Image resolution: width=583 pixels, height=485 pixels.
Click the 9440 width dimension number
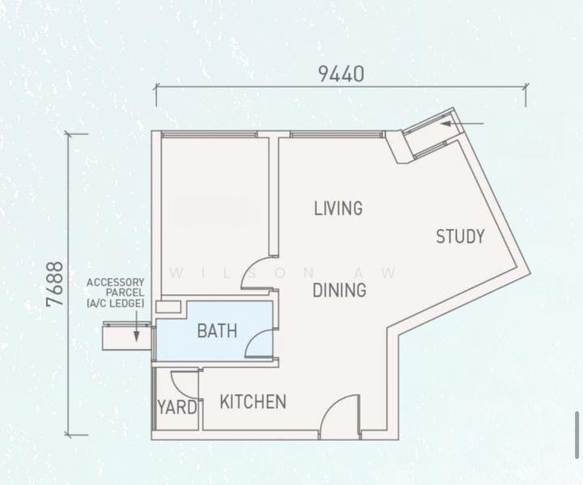click(x=341, y=74)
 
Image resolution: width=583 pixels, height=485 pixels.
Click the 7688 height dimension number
click(x=55, y=285)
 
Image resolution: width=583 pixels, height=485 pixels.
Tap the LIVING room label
click(x=338, y=208)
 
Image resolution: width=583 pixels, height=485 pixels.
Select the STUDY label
click(x=460, y=236)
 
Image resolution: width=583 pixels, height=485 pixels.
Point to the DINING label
click(x=340, y=290)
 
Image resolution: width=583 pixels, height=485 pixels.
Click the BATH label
click(x=218, y=331)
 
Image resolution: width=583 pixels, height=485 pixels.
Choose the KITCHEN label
click(x=253, y=402)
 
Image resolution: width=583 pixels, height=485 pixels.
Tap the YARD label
click(x=177, y=407)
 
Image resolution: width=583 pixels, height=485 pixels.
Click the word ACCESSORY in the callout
click(x=116, y=282)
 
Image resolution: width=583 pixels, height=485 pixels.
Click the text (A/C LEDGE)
click(x=116, y=303)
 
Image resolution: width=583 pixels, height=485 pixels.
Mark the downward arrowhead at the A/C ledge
click(x=137, y=336)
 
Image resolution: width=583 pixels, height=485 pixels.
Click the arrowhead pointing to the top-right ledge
click(x=446, y=124)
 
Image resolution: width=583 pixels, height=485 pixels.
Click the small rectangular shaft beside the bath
click(x=168, y=306)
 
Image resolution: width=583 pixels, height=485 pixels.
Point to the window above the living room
click(x=337, y=134)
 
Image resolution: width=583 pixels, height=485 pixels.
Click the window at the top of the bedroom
click(x=209, y=134)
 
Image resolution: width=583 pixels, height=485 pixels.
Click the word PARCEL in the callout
click(x=125, y=293)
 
